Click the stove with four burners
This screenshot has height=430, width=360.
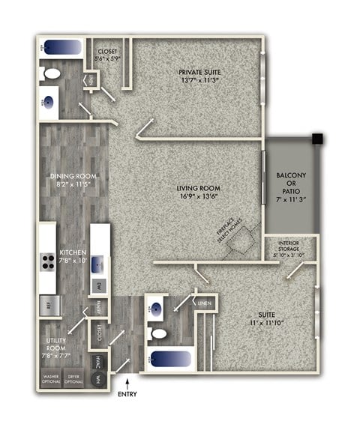tap(47, 262)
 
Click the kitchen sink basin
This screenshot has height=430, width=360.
tap(100, 265)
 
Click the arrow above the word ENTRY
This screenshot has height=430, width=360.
tap(128, 384)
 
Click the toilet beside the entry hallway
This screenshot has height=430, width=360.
tap(157, 332)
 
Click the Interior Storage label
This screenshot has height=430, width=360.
tap(289, 247)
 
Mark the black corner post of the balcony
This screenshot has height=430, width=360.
tap(319, 139)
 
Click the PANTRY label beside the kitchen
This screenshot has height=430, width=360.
tap(100, 307)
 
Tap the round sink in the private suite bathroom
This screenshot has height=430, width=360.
tap(49, 102)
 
